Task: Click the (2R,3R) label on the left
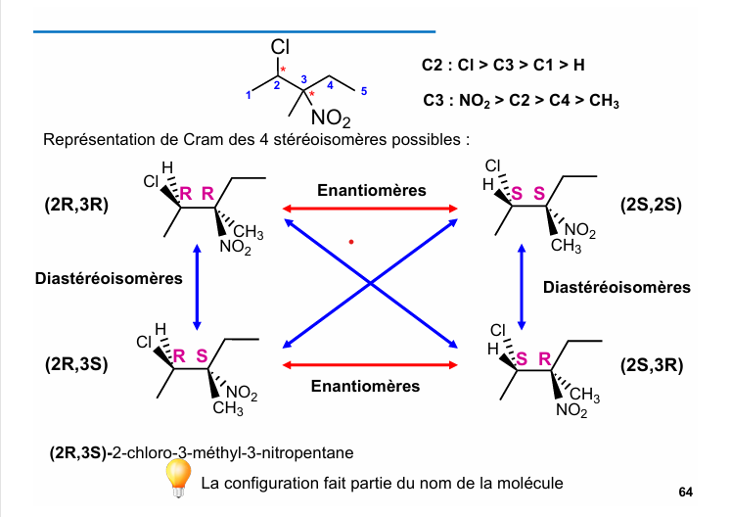[76, 206]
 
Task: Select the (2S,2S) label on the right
[651, 206]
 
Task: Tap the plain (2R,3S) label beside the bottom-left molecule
[76, 365]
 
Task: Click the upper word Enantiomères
[371, 190]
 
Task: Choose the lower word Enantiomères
[365, 386]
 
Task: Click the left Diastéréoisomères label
[109, 278]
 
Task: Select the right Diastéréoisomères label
[617, 287]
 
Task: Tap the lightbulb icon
[177, 477]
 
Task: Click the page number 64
[685, 491]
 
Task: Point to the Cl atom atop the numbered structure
[281, 47]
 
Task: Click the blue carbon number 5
[363, 91]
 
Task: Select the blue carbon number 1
[249, 95]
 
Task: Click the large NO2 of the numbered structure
[331, 119]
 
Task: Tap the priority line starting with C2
[504, 66]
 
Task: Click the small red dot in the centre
[350, 241]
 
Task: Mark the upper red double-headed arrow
[371, 208]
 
